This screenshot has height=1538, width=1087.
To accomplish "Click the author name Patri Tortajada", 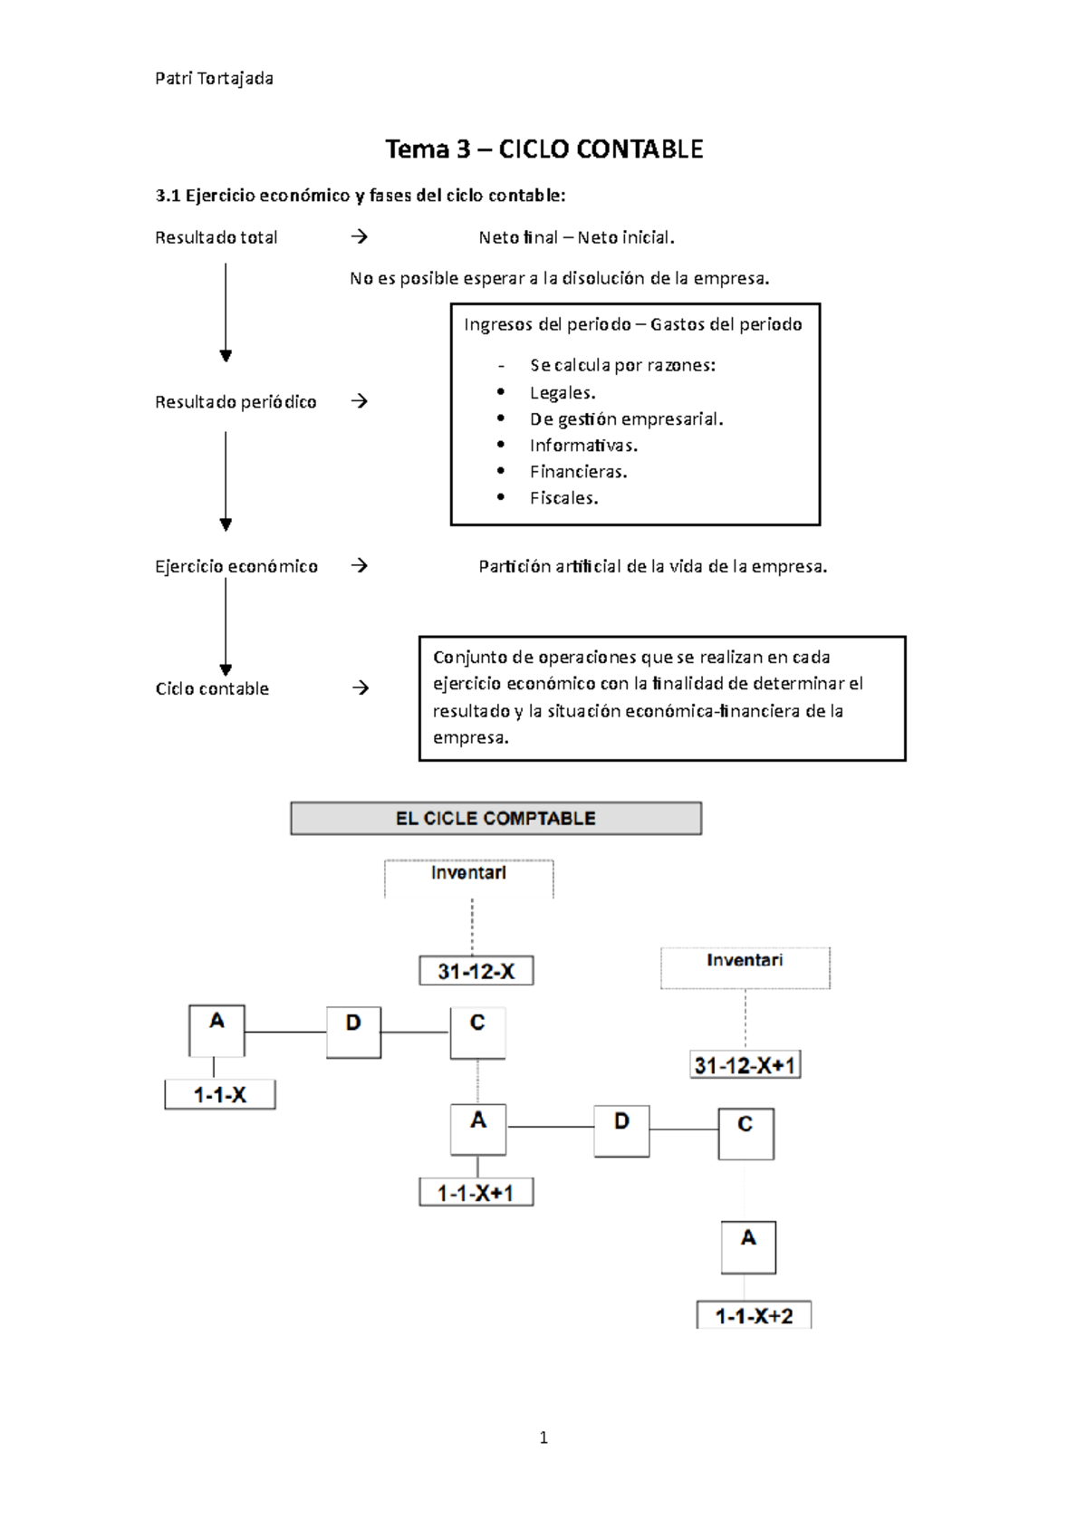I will tap(214, 79).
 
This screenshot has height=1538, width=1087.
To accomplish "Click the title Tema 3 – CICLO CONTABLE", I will tap(543, 149).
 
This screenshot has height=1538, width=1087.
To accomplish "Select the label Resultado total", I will tap(216, 237).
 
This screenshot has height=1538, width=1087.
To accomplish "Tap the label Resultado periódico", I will tap(236, 402).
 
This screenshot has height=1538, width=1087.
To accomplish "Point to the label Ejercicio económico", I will tap(236, 566).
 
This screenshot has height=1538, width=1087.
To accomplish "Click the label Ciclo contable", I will tap(212, 688).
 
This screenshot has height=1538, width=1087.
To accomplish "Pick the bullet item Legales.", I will tap(563, 392).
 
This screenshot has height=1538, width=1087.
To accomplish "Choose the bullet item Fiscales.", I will tap(563, 497).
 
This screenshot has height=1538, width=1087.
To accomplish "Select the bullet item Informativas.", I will tap(583, 445).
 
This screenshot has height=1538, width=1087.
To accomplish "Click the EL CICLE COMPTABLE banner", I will tap(495, 818).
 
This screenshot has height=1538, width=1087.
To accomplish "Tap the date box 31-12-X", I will tap(476, 971).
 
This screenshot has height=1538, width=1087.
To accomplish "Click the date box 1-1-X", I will tap(220, 1094).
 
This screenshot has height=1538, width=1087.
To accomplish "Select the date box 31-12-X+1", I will tap(745, 1065).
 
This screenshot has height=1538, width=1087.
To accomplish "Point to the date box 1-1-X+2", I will tap(754, 1315).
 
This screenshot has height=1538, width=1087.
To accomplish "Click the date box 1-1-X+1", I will tap(476, 1192).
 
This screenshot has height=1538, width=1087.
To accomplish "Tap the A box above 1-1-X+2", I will tap(748, 1247).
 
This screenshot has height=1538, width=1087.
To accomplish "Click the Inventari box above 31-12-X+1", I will tap(745, 967).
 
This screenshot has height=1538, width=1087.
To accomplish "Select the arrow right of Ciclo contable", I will tap(361, 688).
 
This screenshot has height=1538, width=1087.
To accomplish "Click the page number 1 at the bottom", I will tap(543, 1437).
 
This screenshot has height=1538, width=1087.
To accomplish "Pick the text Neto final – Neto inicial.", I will tap(576, 237).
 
